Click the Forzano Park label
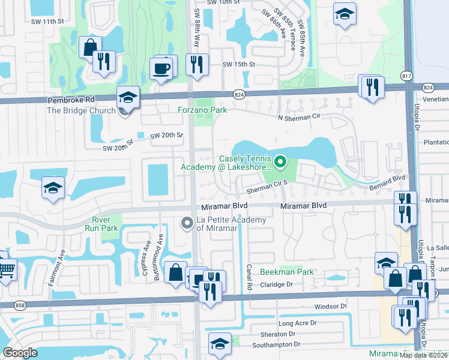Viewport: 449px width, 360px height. tap(202, 110)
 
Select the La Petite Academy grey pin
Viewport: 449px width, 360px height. tap(187, 224)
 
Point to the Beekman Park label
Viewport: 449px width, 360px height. tap(287, 272)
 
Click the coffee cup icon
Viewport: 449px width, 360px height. tap(162, 68)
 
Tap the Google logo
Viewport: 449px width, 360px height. tap(20, 353)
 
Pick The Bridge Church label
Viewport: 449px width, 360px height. tap(81, 110)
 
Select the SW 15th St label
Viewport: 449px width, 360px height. tap(239, 64)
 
